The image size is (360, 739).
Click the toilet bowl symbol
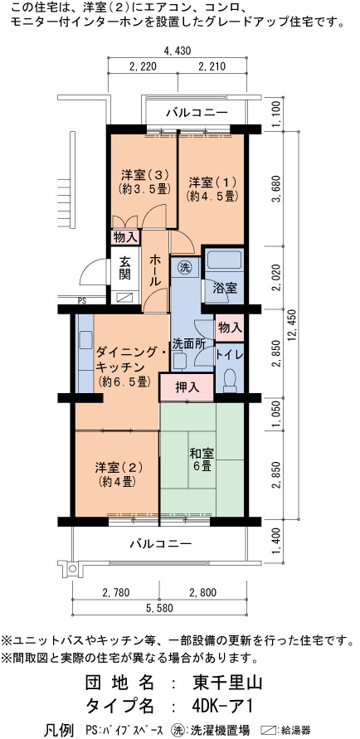click(x=230, y=381)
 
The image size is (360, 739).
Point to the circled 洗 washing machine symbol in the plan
click(x=184, y=268)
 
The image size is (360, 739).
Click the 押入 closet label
click(x=187, y=387)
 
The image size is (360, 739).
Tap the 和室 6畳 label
click(x=202, y=460)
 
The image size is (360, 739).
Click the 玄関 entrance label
click(x=124, y=268)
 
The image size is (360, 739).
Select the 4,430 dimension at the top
click(x=178, y=51)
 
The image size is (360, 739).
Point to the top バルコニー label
click(x=197, y=113)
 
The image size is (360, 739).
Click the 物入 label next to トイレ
click(x=230, y=326)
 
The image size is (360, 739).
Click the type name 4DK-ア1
click(x=223, y=706)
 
